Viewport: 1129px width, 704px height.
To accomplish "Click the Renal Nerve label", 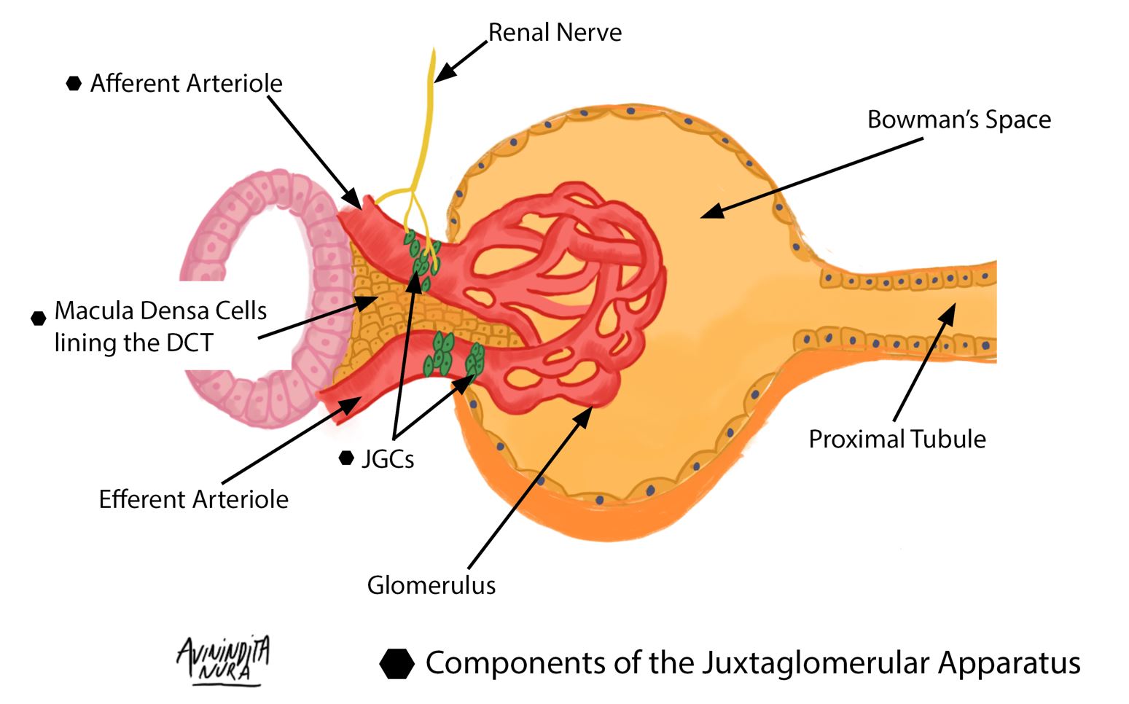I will click(x=554, y=33).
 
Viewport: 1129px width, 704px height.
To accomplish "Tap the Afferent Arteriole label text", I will click(x=186, y=84).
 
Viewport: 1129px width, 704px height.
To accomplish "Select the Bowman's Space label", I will click(x=958, y=120).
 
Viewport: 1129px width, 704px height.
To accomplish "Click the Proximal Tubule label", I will click(x=897, y=439).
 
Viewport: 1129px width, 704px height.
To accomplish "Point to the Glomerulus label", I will click(x=431, y=585).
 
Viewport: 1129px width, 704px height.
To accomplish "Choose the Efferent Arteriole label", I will click(x=193, y=500).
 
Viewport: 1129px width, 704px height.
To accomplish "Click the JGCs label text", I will click(x=388, y=459).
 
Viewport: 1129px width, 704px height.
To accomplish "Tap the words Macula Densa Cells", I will click(x=160, y=311).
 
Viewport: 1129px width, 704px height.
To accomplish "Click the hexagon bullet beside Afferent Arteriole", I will click(x=74, y=84).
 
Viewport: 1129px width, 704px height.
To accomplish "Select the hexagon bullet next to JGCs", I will click(x=347, y=458).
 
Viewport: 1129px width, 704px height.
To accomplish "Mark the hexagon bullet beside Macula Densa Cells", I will click(x=39, y=318).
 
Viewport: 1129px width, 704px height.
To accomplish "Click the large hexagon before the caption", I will click(x=397, y=663).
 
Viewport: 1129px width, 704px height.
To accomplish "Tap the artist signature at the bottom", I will click(x=222, y=660).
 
